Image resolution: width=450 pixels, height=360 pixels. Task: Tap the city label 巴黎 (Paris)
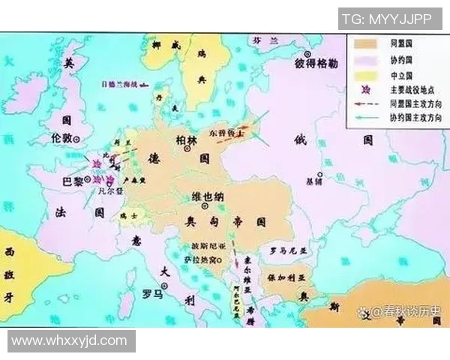[x=73, y=180]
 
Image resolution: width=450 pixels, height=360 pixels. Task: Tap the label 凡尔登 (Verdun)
[x=109, y=192]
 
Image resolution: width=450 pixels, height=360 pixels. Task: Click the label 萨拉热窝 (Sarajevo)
[x=199, y=259]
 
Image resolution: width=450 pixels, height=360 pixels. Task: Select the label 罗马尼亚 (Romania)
[x=284, y=250]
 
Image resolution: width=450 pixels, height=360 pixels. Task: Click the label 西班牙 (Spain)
[x=10, y=274]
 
